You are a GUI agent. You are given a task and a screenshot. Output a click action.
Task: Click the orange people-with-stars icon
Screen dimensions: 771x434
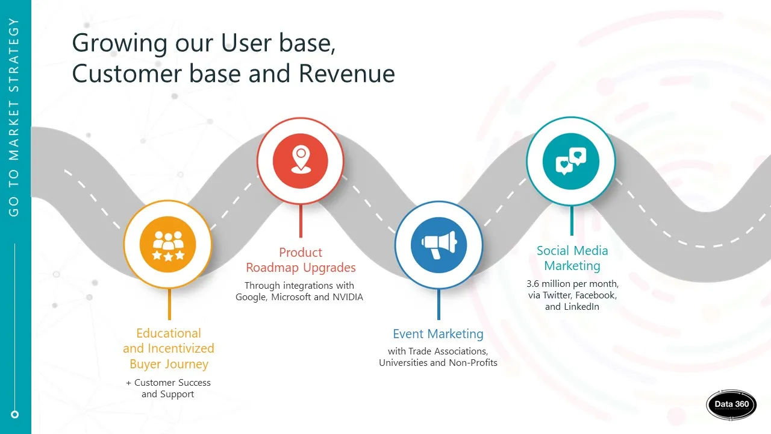tap(168, 245)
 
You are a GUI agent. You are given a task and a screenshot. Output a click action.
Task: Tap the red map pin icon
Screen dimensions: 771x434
tap(301, 161)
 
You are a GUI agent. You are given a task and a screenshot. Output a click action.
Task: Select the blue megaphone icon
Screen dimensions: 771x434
tap(439, 245)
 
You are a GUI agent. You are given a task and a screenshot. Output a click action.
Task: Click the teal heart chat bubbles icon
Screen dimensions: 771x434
tap(571, 161)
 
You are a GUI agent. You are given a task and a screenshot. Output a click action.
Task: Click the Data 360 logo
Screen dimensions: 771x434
tap(731, 404)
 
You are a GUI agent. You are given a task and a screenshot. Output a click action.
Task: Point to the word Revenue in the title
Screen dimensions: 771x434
tap(346, 74)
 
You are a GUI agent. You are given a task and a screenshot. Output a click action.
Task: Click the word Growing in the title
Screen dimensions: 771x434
tap(120, 44)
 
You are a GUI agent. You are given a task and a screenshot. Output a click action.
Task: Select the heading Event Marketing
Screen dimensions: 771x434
tap(438, 334)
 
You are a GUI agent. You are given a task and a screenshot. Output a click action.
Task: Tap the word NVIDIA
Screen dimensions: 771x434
tap(348, 297)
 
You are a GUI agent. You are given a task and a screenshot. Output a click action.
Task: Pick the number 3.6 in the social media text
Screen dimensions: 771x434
tap(533, 284)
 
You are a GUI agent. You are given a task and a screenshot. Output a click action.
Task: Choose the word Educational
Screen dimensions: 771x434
tap(169, 333)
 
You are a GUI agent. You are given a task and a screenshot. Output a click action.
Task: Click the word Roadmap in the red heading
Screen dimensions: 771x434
tap(272, 267)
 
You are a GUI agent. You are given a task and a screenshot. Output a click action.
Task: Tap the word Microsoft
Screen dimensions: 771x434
tap(291, 297)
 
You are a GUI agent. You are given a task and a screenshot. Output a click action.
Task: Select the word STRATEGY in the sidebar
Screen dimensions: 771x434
tap(13, 55)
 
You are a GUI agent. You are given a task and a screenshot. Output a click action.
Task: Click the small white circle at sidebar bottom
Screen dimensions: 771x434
tap(14, 414)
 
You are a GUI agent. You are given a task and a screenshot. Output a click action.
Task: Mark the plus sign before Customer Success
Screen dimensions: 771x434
tap(129, 383)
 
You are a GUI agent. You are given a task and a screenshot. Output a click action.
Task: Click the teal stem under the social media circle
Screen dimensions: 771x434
tap(572, 221)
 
